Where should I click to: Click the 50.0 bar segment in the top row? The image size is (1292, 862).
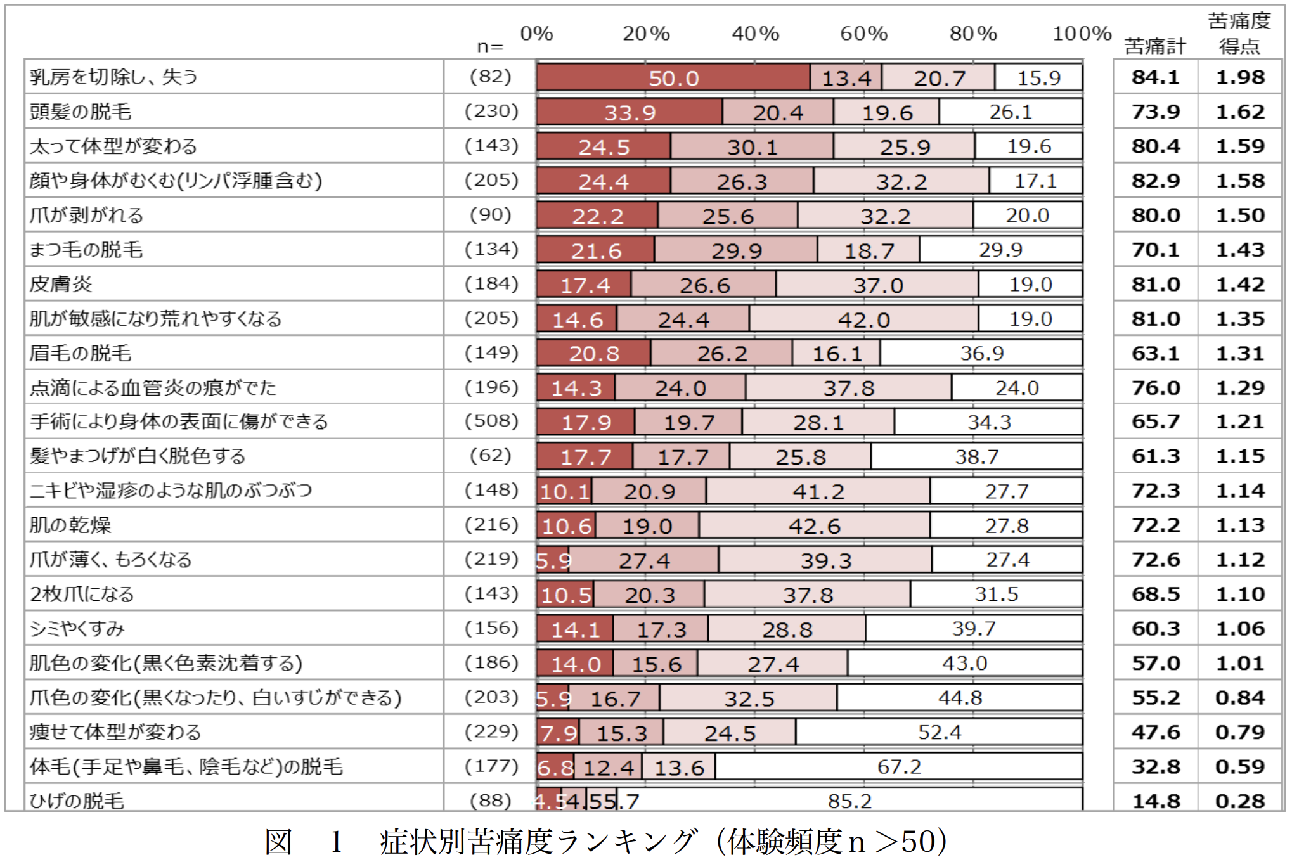673,78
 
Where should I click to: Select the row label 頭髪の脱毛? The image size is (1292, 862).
81,112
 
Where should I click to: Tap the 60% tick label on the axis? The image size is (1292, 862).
863,34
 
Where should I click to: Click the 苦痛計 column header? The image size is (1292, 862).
1154,46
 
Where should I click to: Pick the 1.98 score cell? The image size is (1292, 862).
1239,77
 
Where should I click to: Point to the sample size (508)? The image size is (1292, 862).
491,421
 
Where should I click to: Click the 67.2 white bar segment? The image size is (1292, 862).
898,767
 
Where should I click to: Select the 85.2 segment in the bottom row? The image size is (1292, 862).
849,801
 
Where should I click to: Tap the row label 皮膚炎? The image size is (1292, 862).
61,284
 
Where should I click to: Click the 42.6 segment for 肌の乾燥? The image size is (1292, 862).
814,526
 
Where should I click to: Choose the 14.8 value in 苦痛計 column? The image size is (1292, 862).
1155,801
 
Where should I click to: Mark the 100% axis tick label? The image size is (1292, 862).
1082,34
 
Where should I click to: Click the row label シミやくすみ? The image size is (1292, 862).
77,629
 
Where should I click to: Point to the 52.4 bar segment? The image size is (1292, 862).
939,733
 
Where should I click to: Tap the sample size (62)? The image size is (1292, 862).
490,456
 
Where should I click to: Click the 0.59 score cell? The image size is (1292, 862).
1239,767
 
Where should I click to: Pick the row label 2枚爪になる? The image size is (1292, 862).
82,595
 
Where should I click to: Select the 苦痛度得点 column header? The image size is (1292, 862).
1239,34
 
